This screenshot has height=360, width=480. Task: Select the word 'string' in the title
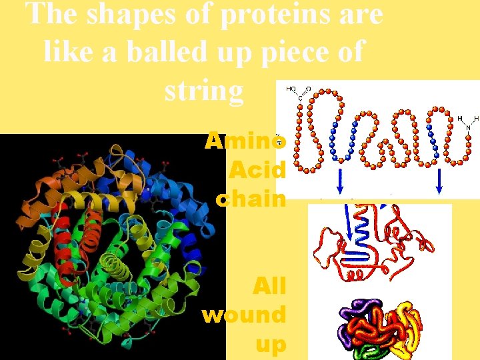[x=204, y=90]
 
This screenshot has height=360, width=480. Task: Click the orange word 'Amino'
[x=246, y=141]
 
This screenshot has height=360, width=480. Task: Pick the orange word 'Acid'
[x=257, y=170]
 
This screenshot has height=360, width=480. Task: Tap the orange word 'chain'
[x=251, y=198]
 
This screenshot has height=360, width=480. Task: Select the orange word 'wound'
[x=244, y=315]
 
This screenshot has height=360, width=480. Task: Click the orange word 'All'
[x=269, y=286]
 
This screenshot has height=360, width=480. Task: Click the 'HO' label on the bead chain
[x=292, y=89]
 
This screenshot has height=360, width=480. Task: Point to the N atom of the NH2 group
[x=469, y=127]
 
